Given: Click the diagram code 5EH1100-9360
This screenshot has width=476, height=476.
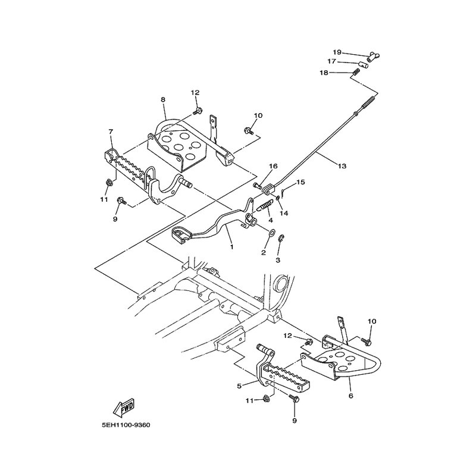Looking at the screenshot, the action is pos(126,425).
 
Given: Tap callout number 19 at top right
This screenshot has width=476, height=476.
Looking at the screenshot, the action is pos(337,52).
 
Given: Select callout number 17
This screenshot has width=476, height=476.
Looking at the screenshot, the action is pos(331,61).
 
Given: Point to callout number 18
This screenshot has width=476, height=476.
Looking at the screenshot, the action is pos(324,73).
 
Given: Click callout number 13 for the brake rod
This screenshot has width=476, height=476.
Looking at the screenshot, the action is pos(342,166).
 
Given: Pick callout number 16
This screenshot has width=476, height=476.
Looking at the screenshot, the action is pos(273,166).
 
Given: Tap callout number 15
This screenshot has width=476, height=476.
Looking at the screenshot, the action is pos(300,182).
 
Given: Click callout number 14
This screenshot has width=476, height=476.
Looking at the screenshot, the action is pos(284,214).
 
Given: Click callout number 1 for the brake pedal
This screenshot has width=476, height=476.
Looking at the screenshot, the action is pos(232,247).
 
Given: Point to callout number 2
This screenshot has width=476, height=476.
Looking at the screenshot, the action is pos(264,252).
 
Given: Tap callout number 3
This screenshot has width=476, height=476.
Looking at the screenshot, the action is pos(278,261).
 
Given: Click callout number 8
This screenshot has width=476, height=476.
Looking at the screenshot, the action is pos(163,99).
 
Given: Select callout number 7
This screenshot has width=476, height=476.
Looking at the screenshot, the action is pos(111,131).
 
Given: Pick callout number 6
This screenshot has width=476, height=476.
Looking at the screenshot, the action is pos(351,396).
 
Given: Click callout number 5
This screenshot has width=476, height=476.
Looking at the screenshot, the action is pos(239,386).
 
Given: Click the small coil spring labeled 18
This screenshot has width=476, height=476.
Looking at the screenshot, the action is pos(356,72).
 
